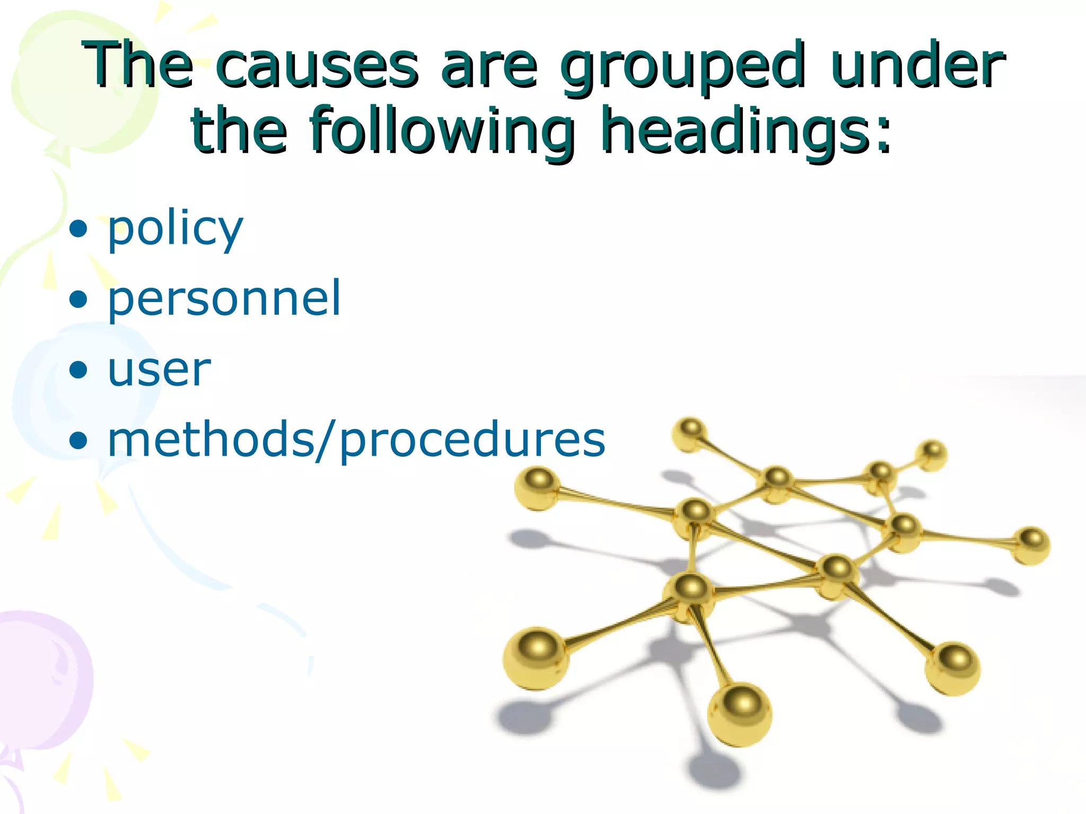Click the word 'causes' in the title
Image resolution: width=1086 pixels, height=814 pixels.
317,67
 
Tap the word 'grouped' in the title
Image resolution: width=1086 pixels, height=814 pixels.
682,68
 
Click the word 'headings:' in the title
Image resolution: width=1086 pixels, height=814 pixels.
746,131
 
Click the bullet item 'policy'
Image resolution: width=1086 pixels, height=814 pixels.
175,229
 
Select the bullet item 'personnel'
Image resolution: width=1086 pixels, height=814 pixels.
224,299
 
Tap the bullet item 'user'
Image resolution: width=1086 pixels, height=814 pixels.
159,369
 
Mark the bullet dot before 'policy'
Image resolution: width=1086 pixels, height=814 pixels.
78,229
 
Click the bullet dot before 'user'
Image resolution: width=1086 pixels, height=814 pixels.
78,369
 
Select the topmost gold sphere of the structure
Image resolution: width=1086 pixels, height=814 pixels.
690,434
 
